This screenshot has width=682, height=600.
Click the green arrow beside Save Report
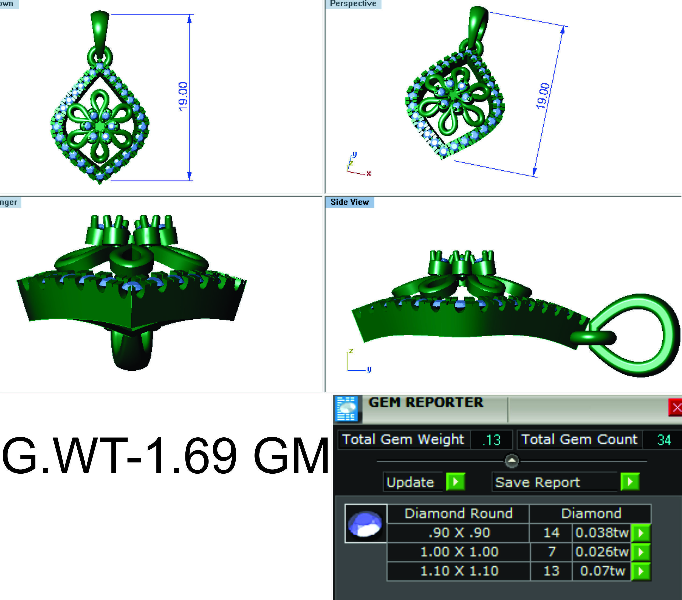pos(630,482)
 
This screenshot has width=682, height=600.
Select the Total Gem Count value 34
pos(664,440)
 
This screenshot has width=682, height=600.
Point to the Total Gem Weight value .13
pos(491,440)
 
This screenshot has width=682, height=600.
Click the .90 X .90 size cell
pos(459,533)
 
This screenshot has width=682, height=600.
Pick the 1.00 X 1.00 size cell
pos(459,552)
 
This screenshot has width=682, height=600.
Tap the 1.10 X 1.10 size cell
pos(459,571)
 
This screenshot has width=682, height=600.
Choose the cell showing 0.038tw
pos(602,533)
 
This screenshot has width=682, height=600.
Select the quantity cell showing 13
pos(551,571)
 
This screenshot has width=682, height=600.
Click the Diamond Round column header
pos(458,513)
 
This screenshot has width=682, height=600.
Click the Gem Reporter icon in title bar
pos(347,408)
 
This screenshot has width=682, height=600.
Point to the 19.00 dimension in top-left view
pos(183,96)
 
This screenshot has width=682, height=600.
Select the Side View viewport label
pos(349,202)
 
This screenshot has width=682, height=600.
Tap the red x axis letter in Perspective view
pos(368,173)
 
